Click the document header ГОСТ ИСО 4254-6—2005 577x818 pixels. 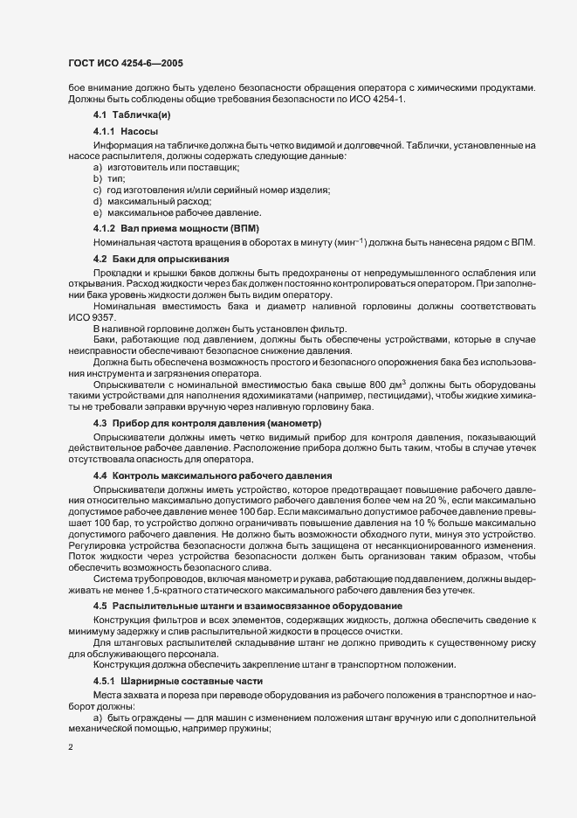(x=125, y=63)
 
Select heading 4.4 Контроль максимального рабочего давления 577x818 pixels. (x=208, y=475)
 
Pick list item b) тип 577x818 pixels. (x=109, y=177)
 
